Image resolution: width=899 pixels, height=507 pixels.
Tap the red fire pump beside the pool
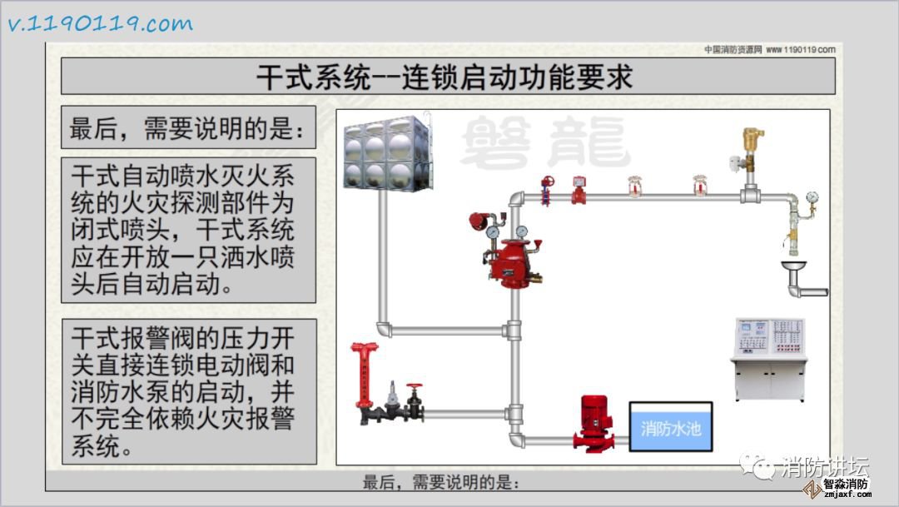click(596, 423)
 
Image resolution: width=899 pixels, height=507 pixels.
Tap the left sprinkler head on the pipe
click(635, 186)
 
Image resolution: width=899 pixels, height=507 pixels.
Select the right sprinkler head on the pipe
click(699, 186)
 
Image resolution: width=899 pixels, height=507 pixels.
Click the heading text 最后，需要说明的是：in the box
click(188, 129)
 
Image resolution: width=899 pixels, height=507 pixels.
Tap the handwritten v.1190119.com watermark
click(100, 24)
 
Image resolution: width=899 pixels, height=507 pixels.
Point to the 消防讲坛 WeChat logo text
click(822, 468)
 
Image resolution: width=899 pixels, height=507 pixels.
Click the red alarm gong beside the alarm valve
click(478, 221)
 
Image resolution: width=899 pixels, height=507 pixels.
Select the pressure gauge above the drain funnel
click(811, 199)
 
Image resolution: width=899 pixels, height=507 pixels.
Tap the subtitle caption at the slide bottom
click(441, 482)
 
